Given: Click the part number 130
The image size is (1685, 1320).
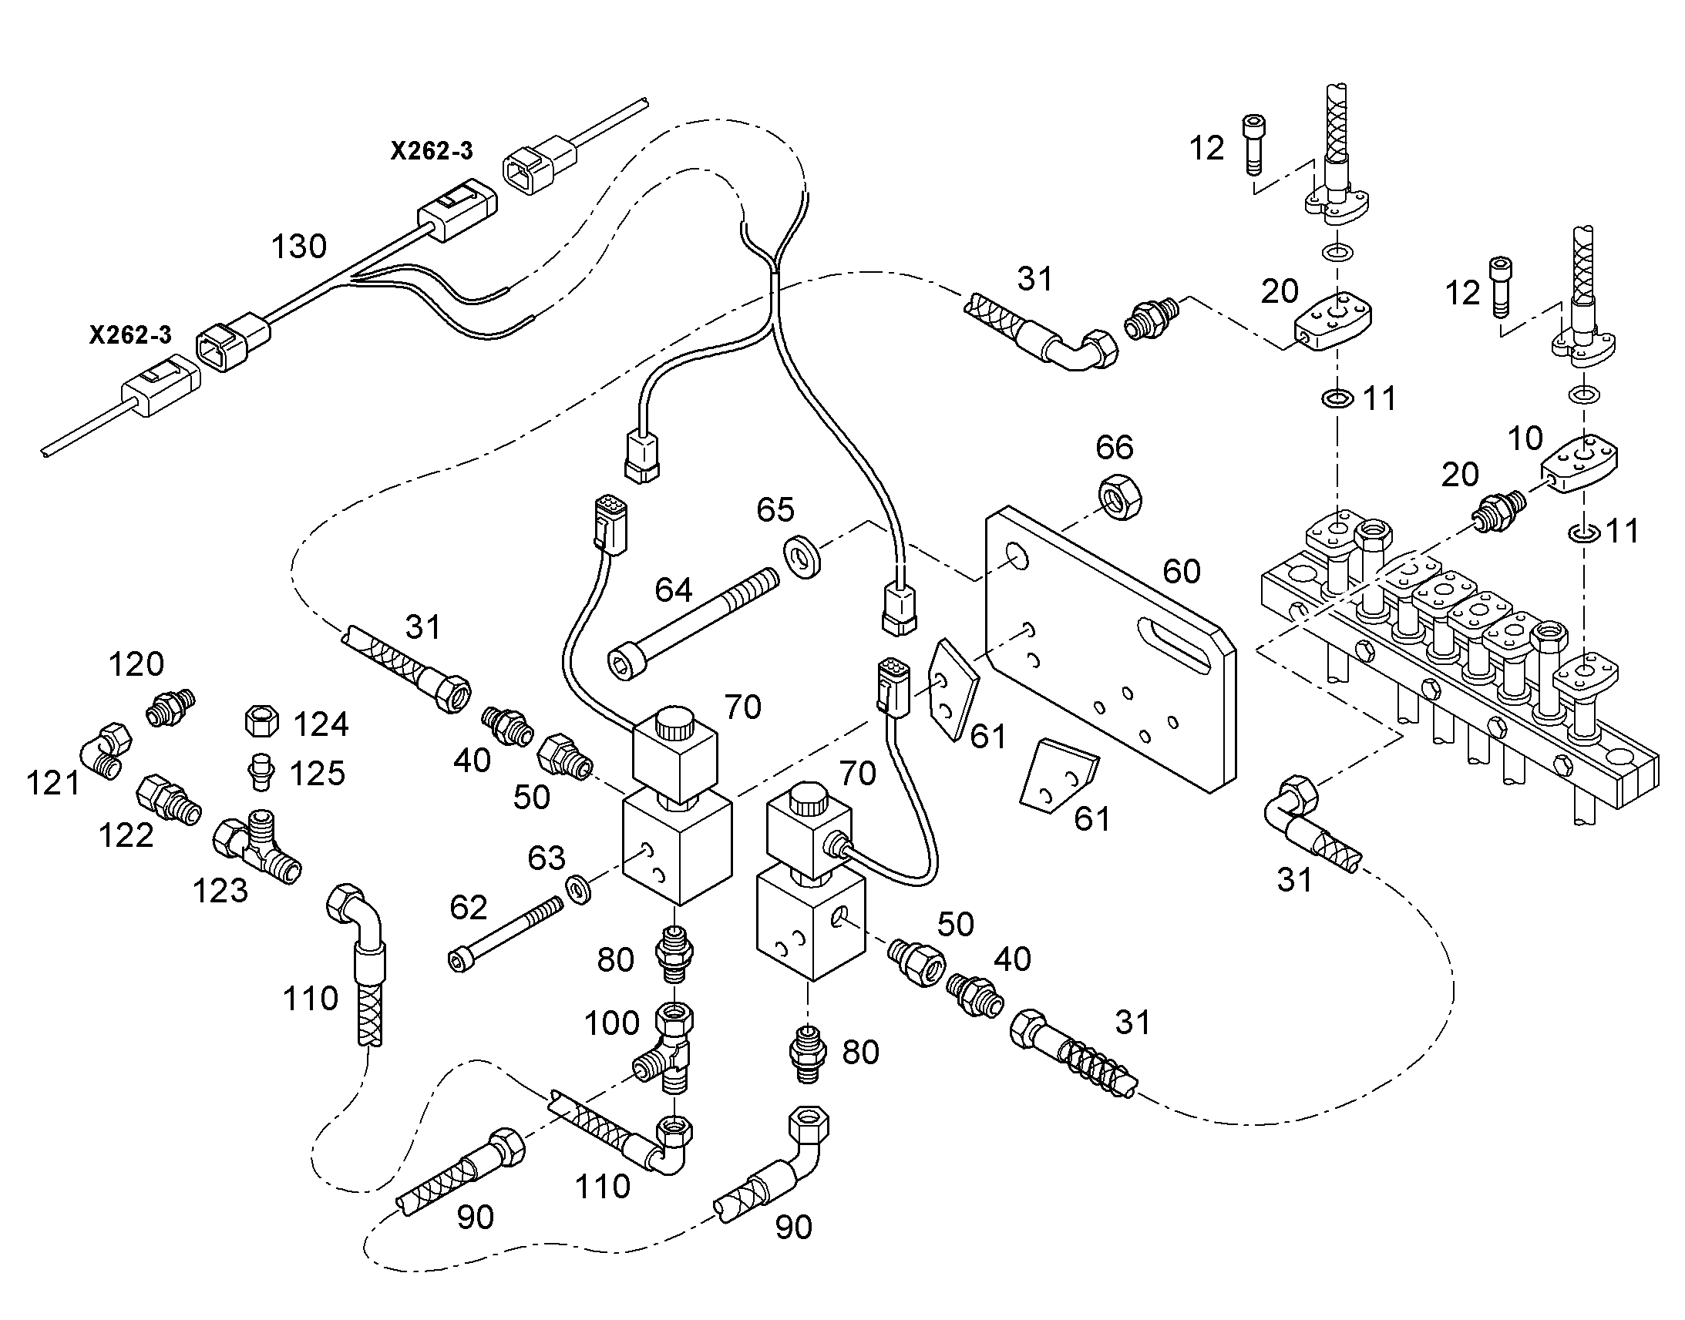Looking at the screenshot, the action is (299, 247).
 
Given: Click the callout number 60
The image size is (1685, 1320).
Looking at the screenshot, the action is (1182, 572).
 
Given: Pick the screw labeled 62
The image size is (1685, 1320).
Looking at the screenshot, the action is (505, 933).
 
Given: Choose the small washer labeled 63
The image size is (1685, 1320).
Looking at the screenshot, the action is (577, 888).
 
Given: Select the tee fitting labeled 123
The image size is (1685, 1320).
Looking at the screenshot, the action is (257, 845).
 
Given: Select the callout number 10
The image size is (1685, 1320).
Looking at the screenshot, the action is (1525, 439).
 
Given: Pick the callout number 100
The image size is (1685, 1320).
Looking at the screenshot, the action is (611, 1023).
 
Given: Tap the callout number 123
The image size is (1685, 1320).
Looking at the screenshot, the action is (220, 891).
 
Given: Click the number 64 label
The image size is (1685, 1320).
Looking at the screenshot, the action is (673, 590).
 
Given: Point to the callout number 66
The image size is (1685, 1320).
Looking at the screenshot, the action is (1115, 448).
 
